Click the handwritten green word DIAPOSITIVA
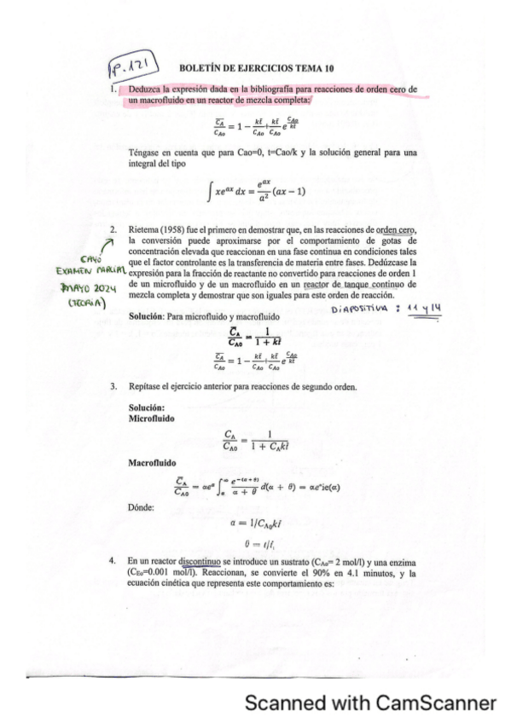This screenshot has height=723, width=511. pos(357,310)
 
